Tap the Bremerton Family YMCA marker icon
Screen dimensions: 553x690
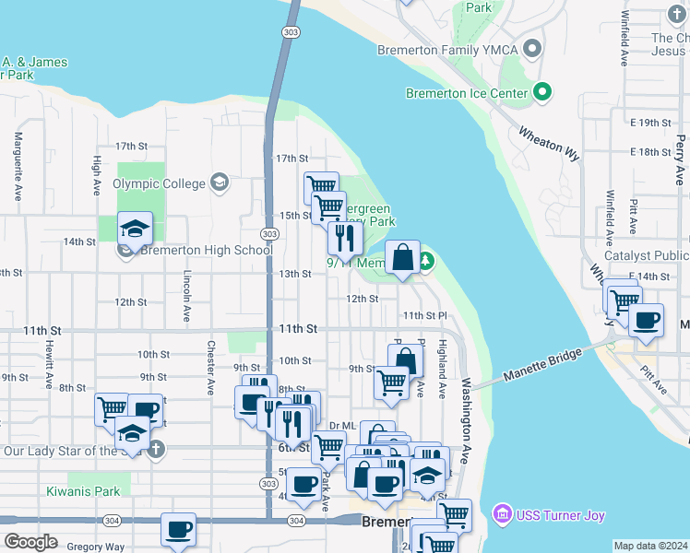coord(531,46)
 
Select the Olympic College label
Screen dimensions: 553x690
coord(159,183)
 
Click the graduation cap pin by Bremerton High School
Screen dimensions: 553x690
coord(135,229)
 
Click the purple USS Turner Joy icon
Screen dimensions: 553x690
coord(503,513)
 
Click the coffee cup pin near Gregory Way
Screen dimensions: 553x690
coord(179,530)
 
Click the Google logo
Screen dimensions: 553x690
coord(30,541)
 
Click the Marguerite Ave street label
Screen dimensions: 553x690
coord(18,167)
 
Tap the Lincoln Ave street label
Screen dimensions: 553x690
coord(186,296)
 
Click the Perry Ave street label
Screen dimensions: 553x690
coord(680,160)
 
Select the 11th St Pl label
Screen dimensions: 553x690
coord(424,315)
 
